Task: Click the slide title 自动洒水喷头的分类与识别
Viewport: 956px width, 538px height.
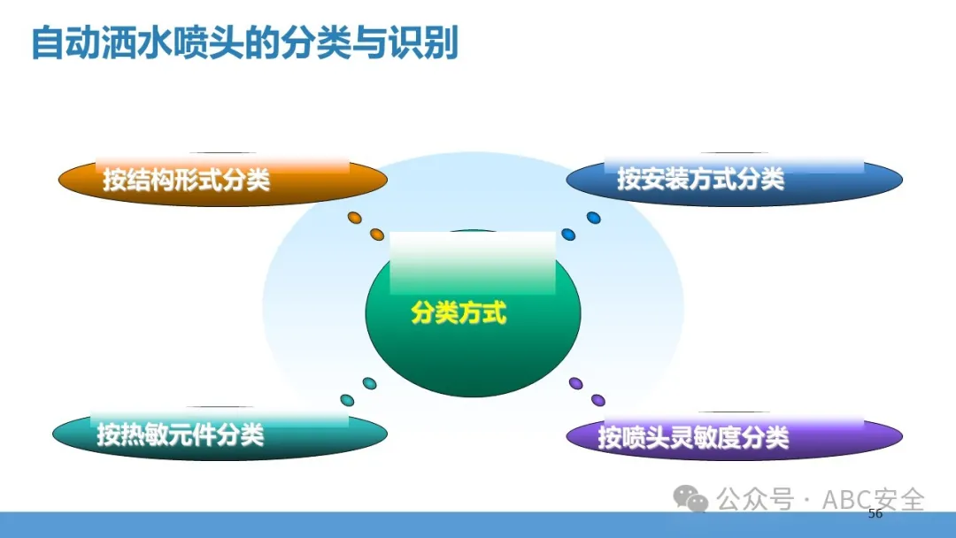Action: click(244, 43)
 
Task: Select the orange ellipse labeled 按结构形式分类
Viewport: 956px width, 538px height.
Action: click(222, 181)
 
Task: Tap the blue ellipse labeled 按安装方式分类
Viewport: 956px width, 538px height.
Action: click(734, 181)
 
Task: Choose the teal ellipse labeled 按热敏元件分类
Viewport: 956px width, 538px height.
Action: click(220, 434)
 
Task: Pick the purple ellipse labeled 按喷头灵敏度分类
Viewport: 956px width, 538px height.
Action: click(734, 436)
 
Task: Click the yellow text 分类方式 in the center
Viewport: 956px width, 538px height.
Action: click(459, 313)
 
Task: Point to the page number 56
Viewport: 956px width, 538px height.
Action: click(875, 513)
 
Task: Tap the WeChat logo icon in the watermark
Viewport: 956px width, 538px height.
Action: click(690, 498)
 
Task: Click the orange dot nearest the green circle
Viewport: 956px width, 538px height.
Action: click(377, 234)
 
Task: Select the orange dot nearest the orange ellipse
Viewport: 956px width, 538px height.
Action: click(354, 218)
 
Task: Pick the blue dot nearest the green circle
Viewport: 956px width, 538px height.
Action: click(568, 234)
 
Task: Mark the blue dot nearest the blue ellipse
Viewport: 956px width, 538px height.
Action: click(593, 218)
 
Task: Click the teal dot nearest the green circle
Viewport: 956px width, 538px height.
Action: click(369, 383)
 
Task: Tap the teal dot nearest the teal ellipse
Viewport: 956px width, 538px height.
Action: click(347, 400)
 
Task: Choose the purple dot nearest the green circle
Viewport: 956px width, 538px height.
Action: click(575, 383)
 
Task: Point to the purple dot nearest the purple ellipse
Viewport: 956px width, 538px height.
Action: click(598, 400)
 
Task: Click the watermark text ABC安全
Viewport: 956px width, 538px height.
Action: click(873, 500)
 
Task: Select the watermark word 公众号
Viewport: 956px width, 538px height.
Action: click(755, 500)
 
